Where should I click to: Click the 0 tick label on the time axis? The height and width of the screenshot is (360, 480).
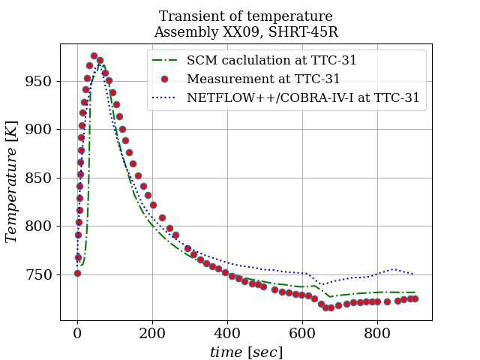[77, 333]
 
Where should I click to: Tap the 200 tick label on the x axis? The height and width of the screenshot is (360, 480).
[152, 333]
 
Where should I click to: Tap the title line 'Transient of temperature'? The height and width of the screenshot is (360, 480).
[246, 16]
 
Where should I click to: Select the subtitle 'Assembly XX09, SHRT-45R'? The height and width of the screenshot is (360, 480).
[246, 32]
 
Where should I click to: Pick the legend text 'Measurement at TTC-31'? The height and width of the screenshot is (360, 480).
[264, 79]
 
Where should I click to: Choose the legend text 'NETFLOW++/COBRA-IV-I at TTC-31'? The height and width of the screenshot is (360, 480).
[303, 97]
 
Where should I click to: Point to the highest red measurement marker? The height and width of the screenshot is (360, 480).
[94, 55]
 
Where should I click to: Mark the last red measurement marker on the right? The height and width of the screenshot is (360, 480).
[414, 298]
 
